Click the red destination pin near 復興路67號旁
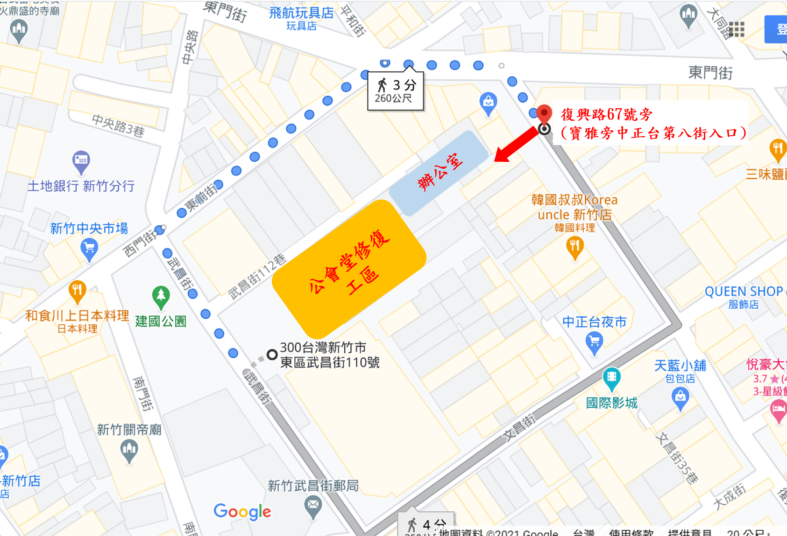(544, 113)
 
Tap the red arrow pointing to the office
(516, 145)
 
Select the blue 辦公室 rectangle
(439, 173)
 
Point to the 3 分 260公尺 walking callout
(396, 91)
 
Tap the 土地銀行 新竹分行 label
(81, 186)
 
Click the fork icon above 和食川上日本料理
(77, 291)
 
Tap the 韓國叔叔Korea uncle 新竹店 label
(574, 207)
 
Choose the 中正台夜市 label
(594, 322)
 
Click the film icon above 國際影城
(611, 377)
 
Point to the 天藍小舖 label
(680, 365)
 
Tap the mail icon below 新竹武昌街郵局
(313, 505)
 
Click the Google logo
(242, 512)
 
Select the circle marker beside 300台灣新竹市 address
(272, 355)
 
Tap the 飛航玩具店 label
(301, 13)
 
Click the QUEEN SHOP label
(744, 292)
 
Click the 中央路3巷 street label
(118, 125)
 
